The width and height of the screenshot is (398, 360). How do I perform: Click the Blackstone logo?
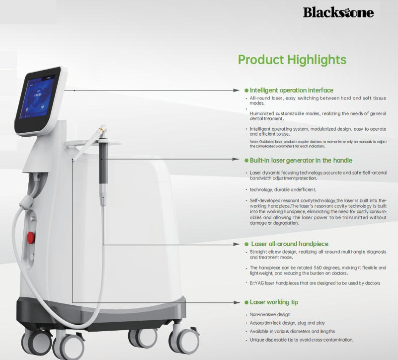pyautogui.click(x=338, y=12)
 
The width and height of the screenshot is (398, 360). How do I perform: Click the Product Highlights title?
pyautogui.click(x=292, y=60)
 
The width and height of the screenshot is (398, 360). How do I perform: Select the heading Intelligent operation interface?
pyautogui.click(x=291, y=90)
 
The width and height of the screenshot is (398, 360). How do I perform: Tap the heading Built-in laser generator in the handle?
pyautogui.click(x=301, y=161)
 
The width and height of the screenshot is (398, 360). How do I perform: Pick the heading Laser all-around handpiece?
pyautogui.click(x=290, y=244)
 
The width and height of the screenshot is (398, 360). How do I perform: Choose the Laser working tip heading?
pyautogui.click(x=274, y=302)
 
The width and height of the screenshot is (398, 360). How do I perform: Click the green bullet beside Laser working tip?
pyautogui.click(x=246, y=302)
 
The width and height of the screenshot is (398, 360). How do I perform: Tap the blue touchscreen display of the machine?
pyautogui.click(x=40, y=99)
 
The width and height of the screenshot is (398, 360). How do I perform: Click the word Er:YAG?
pyautogui.click(x=257, y=283)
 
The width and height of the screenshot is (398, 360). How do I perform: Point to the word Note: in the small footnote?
pyautogui.click(x=254, y=142)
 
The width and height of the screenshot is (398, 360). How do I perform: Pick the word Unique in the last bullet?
pyautogui.click(x=257, y=340)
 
